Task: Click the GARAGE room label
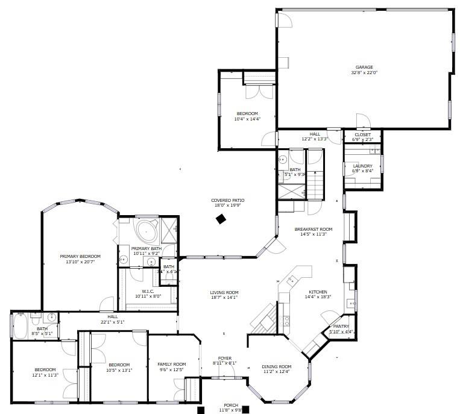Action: point(364,67)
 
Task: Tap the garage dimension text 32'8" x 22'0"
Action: point(364,73)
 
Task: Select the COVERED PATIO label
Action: point(227,200)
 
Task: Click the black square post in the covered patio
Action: point(221,219)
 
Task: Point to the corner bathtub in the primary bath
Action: point(146,231)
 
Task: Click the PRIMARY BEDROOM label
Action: point(80,256)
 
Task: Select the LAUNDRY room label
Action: point(362,166)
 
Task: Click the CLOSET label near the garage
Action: point(362,134)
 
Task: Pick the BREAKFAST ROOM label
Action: point(313,229)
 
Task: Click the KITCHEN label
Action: point(318,291)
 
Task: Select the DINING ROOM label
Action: point(277,366)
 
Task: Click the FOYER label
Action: point(225,358)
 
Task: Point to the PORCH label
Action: point(231,405)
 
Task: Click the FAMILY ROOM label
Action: point(172,364)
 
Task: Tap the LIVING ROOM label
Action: point(224,292)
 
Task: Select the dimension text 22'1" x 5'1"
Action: point(113,321)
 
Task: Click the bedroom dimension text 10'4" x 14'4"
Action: point(247,119)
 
